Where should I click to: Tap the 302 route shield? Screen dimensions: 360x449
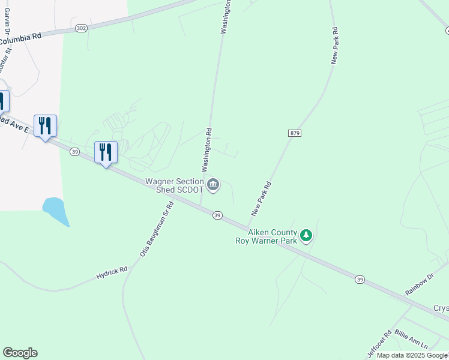click(82, 28)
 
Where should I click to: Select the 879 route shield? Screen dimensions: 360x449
click(294, 133)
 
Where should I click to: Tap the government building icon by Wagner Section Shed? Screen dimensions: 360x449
click(213, 185)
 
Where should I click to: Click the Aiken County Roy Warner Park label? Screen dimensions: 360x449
click(265, 236)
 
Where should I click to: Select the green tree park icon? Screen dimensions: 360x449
click(307, 236)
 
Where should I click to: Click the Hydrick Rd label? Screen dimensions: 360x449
click(112, 273)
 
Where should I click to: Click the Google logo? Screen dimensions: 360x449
click(20, 353)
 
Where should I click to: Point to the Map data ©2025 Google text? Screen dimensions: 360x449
click(412, 355)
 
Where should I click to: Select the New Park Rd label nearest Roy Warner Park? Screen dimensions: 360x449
click(262, 199)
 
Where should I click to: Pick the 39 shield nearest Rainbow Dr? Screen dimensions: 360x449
click(360, 279)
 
